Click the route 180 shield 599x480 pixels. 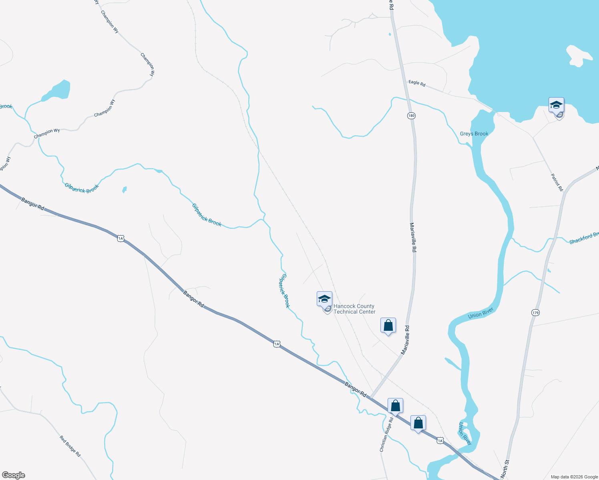pyautogui.click(x=411, y=116)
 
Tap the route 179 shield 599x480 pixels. pyautogui.click(x=535, y=312)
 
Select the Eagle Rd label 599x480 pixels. pyautogui.click(x=417, y=83)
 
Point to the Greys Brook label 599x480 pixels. pyautogui.click(x=474, y=134)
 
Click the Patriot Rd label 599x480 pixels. pyautogui.click(x=557, y=182)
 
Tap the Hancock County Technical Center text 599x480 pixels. pyautogui.click(x=354, y=309)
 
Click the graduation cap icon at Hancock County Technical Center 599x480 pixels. pyautogui.click(x=324, y=299)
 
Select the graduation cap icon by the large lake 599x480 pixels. pyautogui.click(x=556, y=105)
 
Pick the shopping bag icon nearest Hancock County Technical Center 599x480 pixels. pyautogui.click(x=388, y=326)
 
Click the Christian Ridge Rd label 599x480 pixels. pyautogui.click(x=386, y=435)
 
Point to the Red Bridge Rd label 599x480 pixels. pyautogui.click(x=70, y=446)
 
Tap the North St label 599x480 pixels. pyautogui.click(x=505, y=468)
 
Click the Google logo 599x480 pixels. pyautogui.click(x=14, y=475)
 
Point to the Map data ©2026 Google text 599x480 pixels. pyautogui.click(x=574, y=477)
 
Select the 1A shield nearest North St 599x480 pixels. pyautogui.click(x=440, y=440)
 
